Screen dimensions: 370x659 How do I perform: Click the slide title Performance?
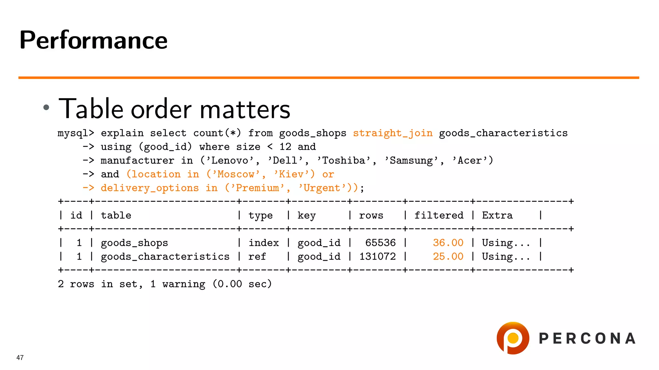93,40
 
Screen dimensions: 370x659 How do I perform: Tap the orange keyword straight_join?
393,133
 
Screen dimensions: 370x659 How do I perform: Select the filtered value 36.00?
448,243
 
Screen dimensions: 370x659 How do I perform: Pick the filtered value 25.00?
448,257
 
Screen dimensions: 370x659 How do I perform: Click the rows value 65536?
380,243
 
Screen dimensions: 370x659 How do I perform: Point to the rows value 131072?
377,257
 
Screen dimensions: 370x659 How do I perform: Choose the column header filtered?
439,215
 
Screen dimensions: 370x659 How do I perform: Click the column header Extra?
497,215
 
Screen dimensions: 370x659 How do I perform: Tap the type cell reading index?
264,243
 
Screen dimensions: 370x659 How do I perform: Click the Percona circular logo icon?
513,338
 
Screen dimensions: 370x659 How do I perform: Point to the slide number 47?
20,357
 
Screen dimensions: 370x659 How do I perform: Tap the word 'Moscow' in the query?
236,174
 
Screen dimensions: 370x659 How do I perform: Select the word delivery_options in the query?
150,188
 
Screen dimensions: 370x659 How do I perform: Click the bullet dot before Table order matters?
46,107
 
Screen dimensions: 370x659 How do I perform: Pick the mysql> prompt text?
76,133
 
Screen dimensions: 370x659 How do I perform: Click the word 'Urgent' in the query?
322,188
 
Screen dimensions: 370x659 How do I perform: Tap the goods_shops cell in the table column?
135,243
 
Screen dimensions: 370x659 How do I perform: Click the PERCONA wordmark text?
587,339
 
